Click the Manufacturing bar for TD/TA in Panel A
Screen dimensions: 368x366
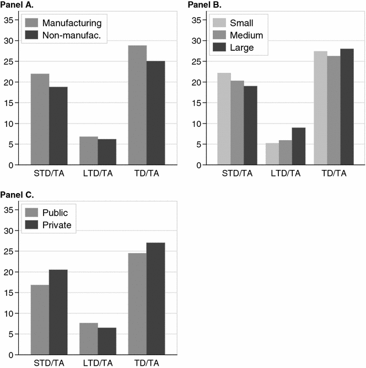tap(137, 105)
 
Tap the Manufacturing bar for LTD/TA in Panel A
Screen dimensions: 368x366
tap(88, 151)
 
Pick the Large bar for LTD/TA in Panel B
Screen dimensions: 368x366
tap(298, 146)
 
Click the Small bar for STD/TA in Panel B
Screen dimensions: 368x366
tap(224, 119)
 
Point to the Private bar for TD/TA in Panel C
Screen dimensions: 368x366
tap(155, 298)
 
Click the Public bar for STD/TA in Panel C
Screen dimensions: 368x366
tap(40, 319)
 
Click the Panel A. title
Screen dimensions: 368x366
tap(17, 6)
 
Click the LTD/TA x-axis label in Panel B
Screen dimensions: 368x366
tap(286, 174)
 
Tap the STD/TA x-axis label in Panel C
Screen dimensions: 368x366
tap(49, 363)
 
